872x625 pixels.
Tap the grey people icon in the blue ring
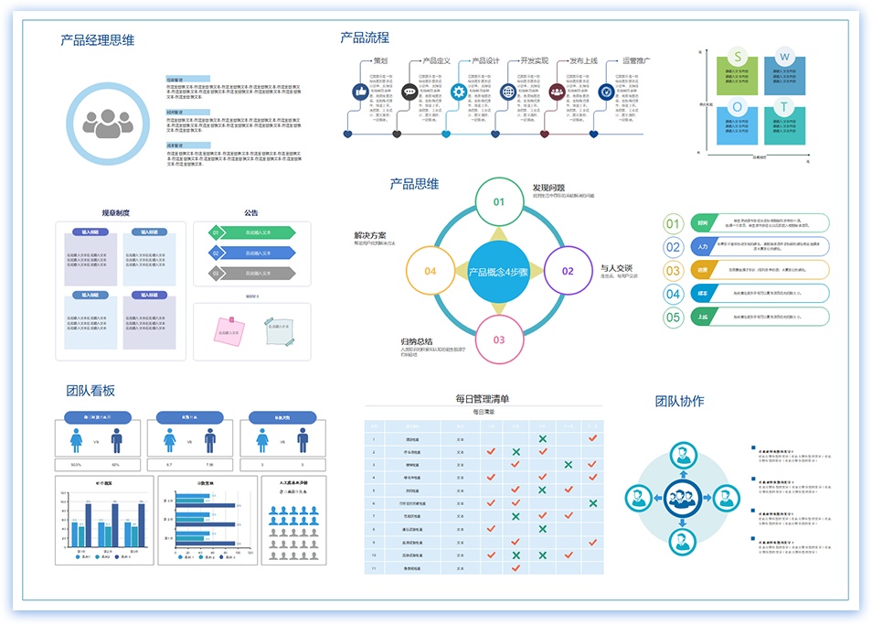pyautogui.click(x=108, y=123)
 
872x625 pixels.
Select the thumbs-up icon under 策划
pyautogui.click(x=359, y=92)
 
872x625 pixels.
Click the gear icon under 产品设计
pyautogui.click(x=459, y=92)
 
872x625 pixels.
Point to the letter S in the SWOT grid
pyautogui.click(x=738, y=57)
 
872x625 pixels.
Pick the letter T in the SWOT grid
pyautogui.click(x=784, y=107)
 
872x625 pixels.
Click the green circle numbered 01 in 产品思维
pyautogui.click(x=499, y=202)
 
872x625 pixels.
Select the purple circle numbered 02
pyautogui.click(x=568, y=271)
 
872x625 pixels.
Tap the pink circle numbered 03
pyautogui.click(x=499, y=339)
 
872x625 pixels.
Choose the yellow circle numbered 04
pyautogui.click(x=430, y=271)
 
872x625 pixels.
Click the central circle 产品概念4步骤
pyautogui.click(x=499, y=271)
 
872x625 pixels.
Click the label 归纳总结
pyautogui.click(x=417, y=341)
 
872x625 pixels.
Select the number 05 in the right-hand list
pyautogui.click(x=674, y=318)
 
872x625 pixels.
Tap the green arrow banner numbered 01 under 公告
pyautogui.click(x=251, y=232)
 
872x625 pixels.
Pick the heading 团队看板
pyautogui.click(x=90, y=391)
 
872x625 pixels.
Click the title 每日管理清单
pyautogui.click(x=483, y=398)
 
